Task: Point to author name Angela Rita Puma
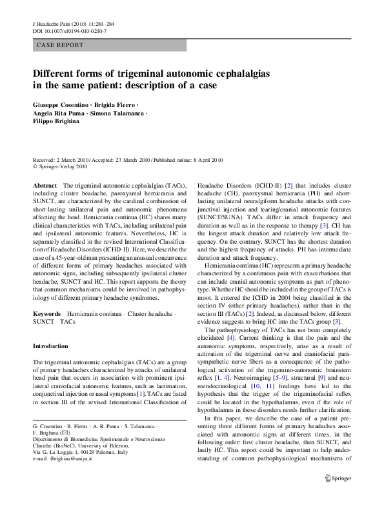coord(59,114)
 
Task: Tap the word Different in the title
coord(57,73)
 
